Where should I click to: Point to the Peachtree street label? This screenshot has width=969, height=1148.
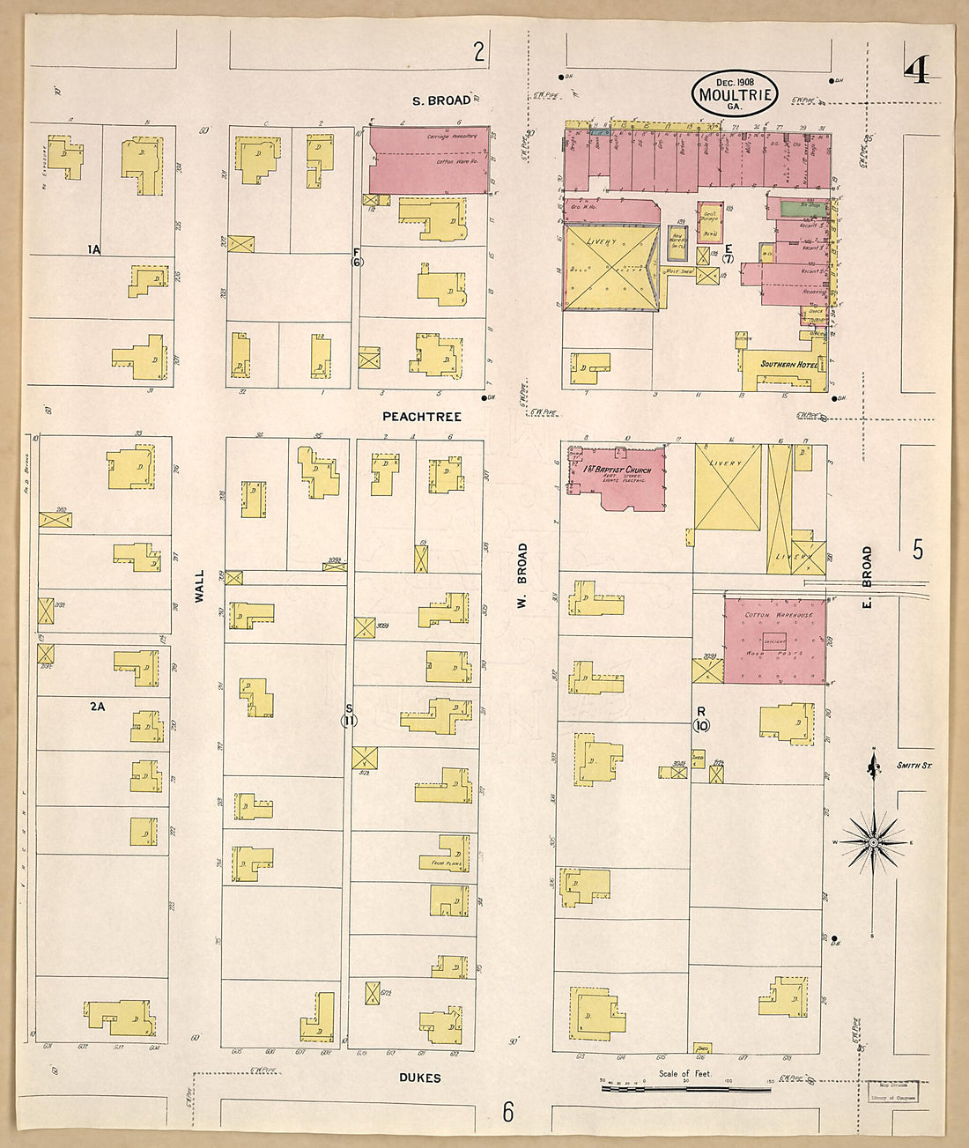[x=421, y=416]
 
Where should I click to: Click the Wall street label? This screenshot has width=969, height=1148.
[x=199, y=586]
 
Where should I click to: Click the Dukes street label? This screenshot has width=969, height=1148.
[x=419, y=1078]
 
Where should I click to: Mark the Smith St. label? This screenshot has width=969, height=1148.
[x=914, y=766]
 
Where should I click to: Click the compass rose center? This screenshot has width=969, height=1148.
[x=872, y=842]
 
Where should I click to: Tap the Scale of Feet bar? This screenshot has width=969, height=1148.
[x=685, y=1088]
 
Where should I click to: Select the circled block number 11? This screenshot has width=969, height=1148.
[x=349, y=721]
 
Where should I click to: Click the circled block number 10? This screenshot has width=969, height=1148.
[x=701, y=725]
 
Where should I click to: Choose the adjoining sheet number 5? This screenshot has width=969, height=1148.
[x=918, y=550]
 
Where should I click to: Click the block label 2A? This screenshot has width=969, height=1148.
[x=98, y=706]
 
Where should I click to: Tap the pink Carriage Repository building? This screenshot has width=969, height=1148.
[x=429, y=159]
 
